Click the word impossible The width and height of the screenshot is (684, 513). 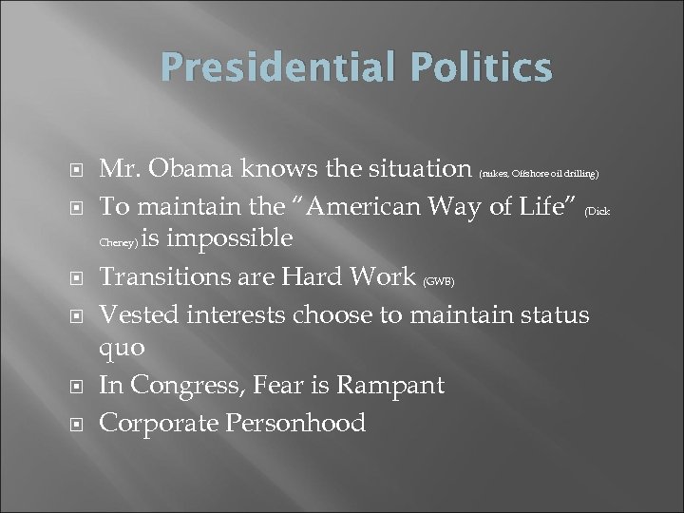click(232, 238)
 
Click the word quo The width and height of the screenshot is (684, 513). click(123, 348)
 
